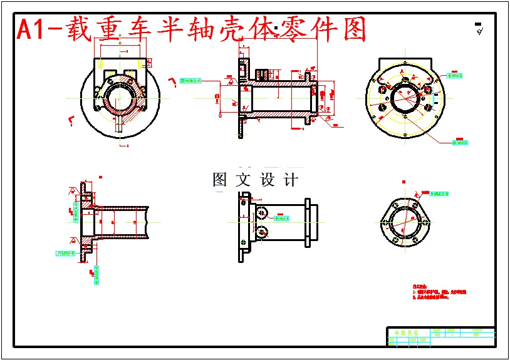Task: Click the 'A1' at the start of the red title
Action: tap(31, 29)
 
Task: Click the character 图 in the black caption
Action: tap(220, 180)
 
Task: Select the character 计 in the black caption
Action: tap(291, 180)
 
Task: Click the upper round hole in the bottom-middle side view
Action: tap(262, 213)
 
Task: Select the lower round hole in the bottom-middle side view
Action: tap(262, 232)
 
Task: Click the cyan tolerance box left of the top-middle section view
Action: tap(190, 81)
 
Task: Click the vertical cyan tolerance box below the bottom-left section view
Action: tap(96, 274)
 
